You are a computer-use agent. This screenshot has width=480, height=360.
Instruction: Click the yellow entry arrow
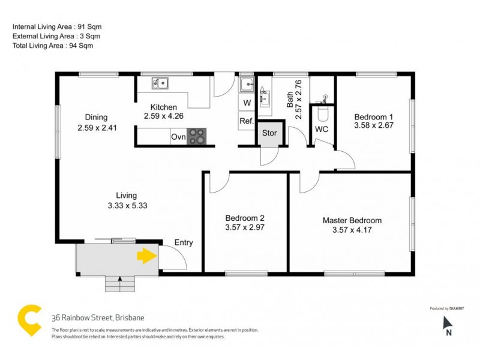click(x=146, y=256)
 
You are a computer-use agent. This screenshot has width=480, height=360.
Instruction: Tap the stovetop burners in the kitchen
click(x=197, y=137)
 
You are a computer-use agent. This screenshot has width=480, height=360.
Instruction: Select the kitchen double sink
click(x=160, y=83)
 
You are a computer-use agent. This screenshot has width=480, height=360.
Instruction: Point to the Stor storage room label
click(x=269, y=133)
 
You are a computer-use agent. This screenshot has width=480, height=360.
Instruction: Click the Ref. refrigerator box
click(x=246, y=121)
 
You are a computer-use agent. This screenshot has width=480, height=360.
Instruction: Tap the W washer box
click(x=246, y=103)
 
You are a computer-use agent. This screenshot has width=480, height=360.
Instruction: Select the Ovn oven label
click(x=178, y=137)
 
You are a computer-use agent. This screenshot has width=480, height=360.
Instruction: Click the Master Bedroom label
click(x=352, y=220)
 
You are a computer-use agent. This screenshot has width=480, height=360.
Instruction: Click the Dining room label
click(x=96, y=117)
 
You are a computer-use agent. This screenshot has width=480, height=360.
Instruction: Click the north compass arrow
click(x=448, y=325)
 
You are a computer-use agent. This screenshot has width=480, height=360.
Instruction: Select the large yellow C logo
click(x=29, y=320)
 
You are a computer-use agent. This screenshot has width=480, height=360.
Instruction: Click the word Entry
click(x=184, y=242)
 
